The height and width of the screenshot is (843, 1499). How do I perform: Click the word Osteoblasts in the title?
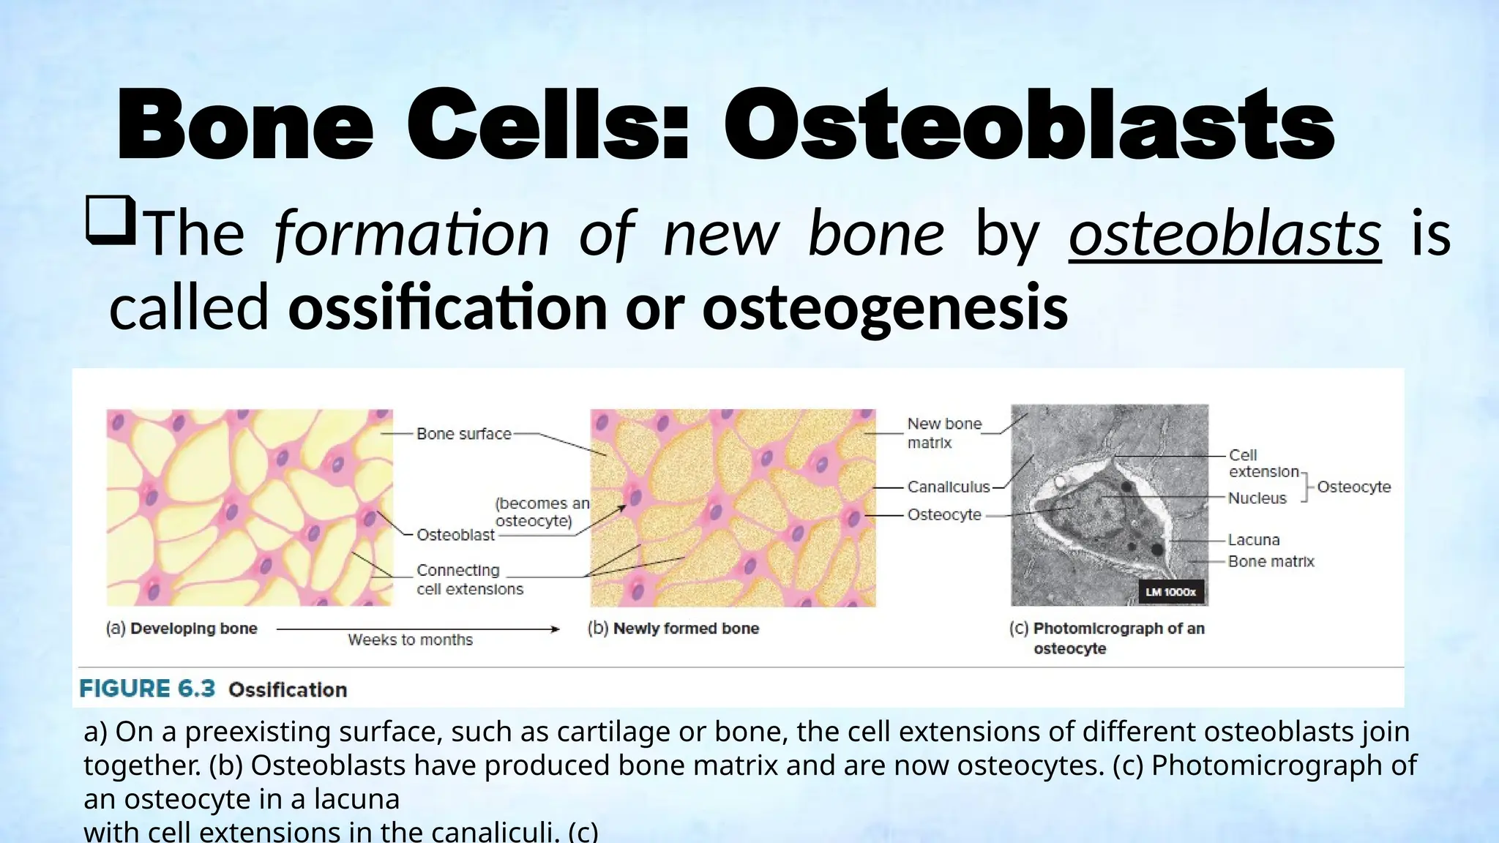pyautogui.click(x=1029, y=124)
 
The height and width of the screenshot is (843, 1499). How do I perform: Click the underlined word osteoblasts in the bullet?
pyautogui.click(x=1225, y=233)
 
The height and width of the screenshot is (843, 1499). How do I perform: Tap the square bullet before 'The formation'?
pyautogui.click(x=111, y=220)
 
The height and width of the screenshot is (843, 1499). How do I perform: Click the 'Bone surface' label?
pyautogui.click(x=463, y=434)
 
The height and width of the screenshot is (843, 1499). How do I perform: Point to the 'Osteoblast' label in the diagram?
pyautogui.click(x=455, y=535)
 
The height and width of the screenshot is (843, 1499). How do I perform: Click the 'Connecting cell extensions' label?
pyautogui.click(x=469, y=580)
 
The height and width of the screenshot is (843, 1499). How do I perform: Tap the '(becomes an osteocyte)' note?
pyautogui.click(x=542, y=512)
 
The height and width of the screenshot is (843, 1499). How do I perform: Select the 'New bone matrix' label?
pyautogui.click(x=943, y=433)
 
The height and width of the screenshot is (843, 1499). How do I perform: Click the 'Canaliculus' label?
pyautogui.click(x=948, y=487)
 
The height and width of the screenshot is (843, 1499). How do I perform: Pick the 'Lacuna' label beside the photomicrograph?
pyautogui.click(x=1253, y=540)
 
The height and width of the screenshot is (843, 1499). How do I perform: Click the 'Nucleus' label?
pyautogui.click(x=1256, y=498)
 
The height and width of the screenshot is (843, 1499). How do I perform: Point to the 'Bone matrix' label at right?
pyautogui.click(x=1271, y=561)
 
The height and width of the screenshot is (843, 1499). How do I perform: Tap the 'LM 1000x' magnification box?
pyautogui.click(x=1170, y=592)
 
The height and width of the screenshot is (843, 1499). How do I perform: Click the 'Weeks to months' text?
pyautogui.click(x=410, y=640)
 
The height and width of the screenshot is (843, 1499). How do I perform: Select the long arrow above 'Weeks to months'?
pyautogui.click(x=417, y=629)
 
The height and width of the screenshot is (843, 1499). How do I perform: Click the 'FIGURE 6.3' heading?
pyautogui.click(x=147, y=689)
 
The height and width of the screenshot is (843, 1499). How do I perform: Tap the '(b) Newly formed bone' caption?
pyautogui.click(x=673, y=628)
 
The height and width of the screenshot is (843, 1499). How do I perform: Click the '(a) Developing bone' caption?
pyautogui.click(x=182, y=628)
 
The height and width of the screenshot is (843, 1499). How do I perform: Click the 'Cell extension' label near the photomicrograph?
pyautogui.click(x=1263, y=463)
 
